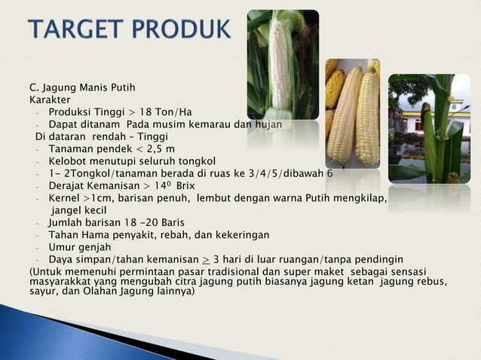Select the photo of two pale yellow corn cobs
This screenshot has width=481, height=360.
352,113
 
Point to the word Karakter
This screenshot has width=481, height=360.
50,99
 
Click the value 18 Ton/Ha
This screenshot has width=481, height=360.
167,112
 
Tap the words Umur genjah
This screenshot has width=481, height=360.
79,247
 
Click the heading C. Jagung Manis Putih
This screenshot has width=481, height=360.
81,87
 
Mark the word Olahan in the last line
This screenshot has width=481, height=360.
90,290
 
